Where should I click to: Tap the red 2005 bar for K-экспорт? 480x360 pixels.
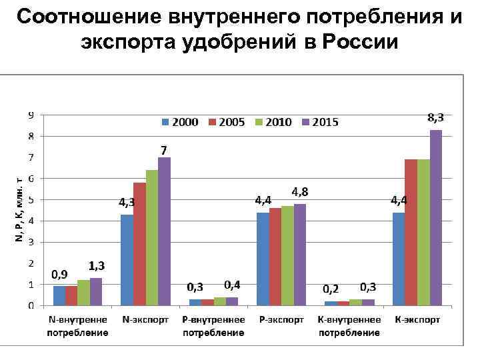(x=411, y=233)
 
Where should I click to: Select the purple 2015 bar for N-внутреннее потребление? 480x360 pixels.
(x=96, y=292)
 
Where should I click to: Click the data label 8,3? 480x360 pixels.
(x=435, y=117)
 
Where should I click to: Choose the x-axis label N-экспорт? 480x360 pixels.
(x=145, y=320)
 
